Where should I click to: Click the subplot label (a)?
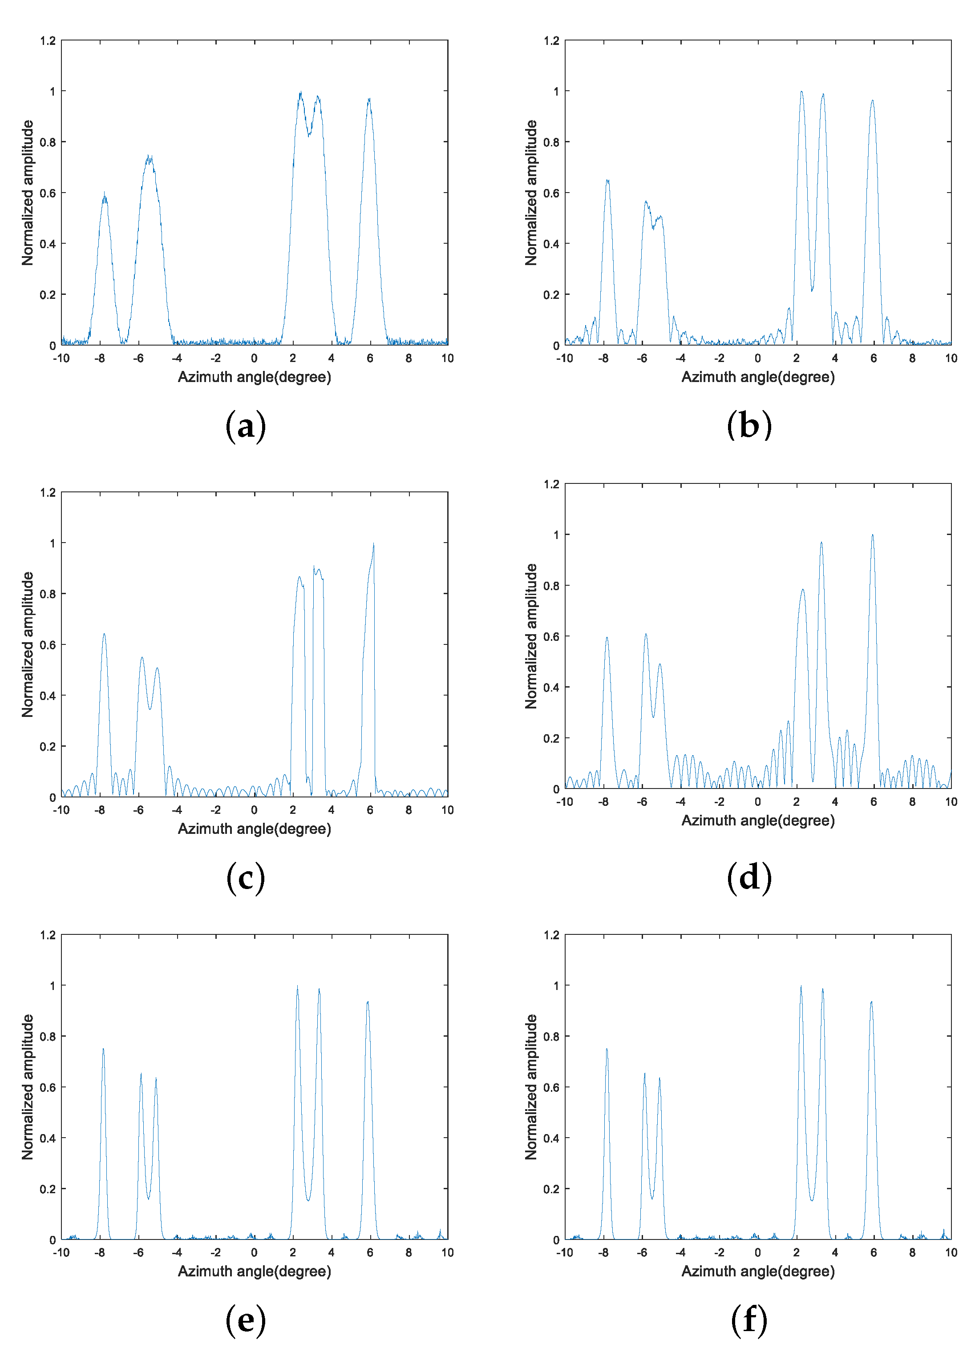click(245, 426)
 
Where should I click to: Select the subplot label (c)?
click(245, 878)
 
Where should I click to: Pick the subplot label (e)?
click(245, 1320)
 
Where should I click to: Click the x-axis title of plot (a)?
click(254, 377)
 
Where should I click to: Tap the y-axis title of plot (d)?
click(531, 636)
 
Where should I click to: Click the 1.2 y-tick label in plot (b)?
click(551, 40)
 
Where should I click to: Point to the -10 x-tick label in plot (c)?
click(61, 810)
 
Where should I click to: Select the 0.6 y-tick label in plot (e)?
click(48, 1087)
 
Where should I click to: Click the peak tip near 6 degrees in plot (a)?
click(369, 99)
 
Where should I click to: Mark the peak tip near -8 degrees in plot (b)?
click(607, 180)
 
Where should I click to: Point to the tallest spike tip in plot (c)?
click(374, 544)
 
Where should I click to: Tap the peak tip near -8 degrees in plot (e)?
click(103, 1049)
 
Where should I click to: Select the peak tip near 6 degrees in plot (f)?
click(872, 1002)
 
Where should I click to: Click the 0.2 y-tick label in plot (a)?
click(48, 294)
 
